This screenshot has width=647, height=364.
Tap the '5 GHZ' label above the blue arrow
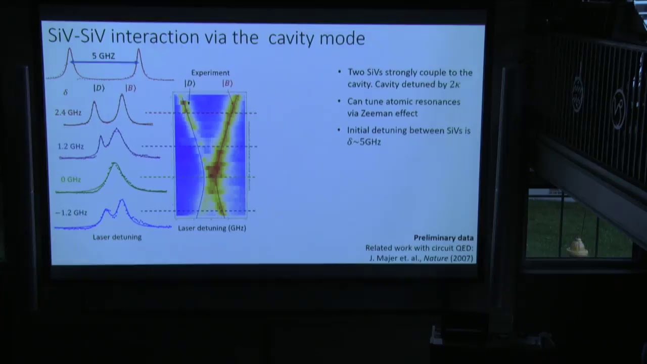pos(103,56)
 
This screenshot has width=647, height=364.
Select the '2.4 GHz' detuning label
pos(68,113)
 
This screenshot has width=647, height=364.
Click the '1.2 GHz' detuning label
pos(70,147)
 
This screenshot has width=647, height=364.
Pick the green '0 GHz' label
pos(71,179)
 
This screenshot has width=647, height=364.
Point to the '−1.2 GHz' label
pos(71,213)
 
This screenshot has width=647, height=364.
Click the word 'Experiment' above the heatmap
pos(210,73)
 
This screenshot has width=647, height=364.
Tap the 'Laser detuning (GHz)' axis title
pos(212,228)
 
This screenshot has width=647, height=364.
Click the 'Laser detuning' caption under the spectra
pos(117,237)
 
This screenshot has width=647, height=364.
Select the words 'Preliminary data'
pos(443,238)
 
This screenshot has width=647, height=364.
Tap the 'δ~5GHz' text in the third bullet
pos(364,142)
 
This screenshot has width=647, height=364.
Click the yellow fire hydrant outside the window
pos(577,247)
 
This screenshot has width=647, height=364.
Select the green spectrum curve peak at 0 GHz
pos(114,165)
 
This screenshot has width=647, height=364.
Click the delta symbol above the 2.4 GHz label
pos(65,93)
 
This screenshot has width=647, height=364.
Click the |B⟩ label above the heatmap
pos(227,83)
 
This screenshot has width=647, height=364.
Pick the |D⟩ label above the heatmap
pos(190,83)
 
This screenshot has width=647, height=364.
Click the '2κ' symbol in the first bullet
pos(454,84)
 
